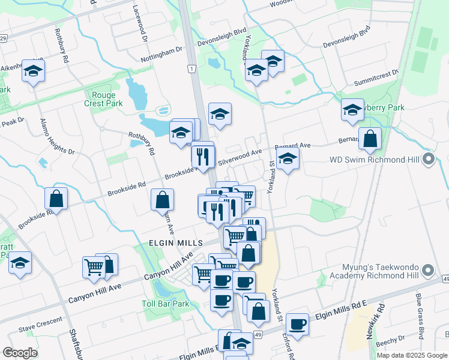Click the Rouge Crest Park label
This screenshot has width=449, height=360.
click(x=107, y=99)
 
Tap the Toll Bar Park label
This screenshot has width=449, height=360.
click(x=165, y=304)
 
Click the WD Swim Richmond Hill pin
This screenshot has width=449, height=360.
click(x=428, y=160)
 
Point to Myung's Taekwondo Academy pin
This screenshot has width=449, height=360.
click(x=428, y=271)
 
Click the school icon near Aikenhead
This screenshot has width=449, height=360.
click(x=33, y=71)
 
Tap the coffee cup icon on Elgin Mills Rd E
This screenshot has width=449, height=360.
click(x=297, y=325)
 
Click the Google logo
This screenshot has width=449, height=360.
click(x=20, y=353)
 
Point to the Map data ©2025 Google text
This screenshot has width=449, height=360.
click(x=411, y=355)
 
